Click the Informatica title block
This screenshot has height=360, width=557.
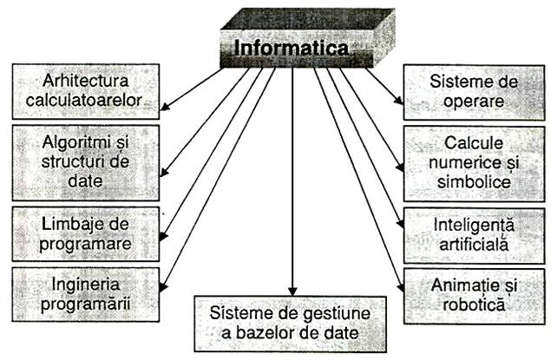click(x=308, y=38)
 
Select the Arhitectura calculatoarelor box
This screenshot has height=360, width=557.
click(x=86, y=92)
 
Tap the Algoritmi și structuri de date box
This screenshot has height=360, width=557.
click(x=86, y=162)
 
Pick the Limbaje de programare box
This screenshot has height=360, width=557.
click(x=86, y=234)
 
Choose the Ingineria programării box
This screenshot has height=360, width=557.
click(x=86, y=295)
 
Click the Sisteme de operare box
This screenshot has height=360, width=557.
click(x=474, y=92)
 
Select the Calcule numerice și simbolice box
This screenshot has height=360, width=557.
click(x=474, y=164)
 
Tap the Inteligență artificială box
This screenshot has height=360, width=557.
click(x=474, y=236)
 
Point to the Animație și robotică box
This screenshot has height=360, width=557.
click(x=474, y=296)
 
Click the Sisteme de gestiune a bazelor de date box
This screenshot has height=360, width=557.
click(x=290, y=324)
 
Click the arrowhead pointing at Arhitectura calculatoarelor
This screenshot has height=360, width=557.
click(x=165, y=106)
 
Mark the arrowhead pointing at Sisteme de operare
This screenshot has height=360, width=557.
click(x=399, y=100)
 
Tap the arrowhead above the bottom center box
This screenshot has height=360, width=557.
click(x=292, y=291)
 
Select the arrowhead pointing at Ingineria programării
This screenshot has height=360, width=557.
click(x=163, y=287)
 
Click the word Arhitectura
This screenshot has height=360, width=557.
click(x=85, y=81)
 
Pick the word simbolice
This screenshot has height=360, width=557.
click(x=474, y=182)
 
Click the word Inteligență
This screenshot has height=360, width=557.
click(x=474, y=226)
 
